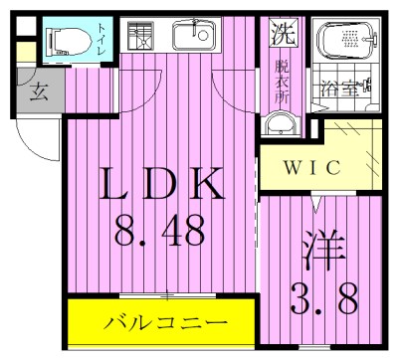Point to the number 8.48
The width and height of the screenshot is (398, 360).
point(162,231)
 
